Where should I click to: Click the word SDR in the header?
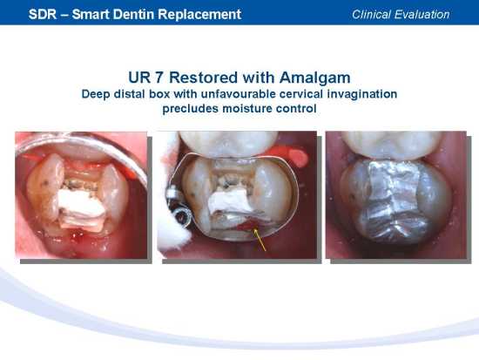[43, 14]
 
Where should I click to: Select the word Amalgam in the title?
[314, 78]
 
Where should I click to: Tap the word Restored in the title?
[203, 78]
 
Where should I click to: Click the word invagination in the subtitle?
[362, 94]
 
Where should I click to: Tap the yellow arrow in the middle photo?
[260, 241]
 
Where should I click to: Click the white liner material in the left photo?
[81, 209]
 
